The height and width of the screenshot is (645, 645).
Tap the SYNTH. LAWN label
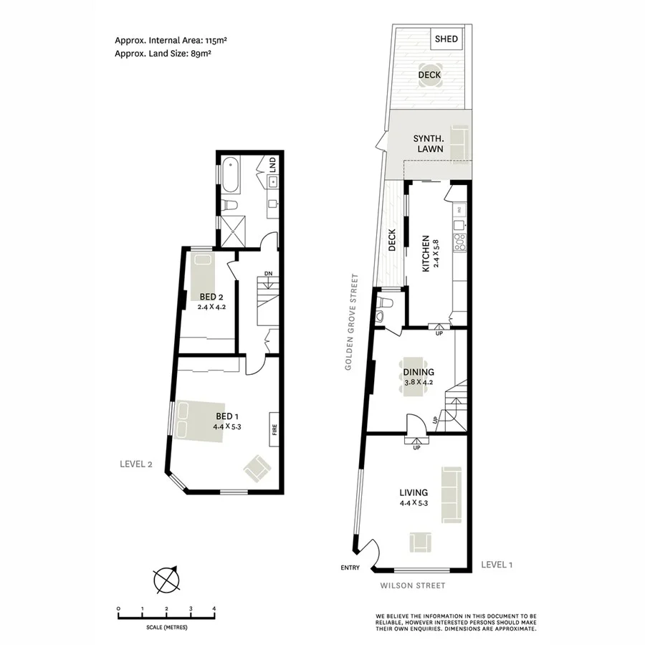tap(428, 143)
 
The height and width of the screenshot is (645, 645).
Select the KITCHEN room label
tap(426, 253)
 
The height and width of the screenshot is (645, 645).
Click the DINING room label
tap(418, 372)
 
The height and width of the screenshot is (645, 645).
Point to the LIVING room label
tap(414, 492)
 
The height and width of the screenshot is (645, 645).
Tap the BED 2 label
tap(211, 297)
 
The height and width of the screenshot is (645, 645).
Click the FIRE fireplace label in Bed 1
tap(274, 431)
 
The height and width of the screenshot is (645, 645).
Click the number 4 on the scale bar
tap(214, 608)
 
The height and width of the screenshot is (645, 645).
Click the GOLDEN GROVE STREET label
tap(350, 322)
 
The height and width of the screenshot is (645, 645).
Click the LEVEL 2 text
tap(136, 464)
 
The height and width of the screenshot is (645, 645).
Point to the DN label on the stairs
tap(268, 274)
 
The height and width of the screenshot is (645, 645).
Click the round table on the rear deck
tap(429, 75)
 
